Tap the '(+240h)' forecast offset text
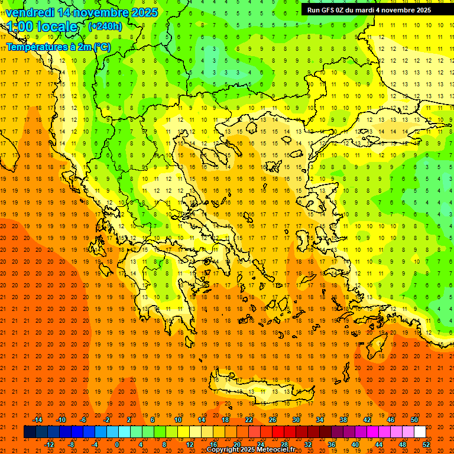pos(105,26)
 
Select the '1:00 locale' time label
pos(42,27)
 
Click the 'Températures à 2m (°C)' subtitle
pos(58,47)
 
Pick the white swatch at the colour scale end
pos(420,432)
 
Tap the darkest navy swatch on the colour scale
pos(30,432)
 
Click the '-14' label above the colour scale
pos(37,420)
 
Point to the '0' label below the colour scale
pos(117,445)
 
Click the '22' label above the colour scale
pos(249,420)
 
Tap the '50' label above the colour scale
pos(414,420)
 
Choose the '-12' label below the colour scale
pos(49,445)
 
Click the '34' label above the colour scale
pos(320,420)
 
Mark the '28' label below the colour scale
pos(284,445)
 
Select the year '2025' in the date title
pos(144,12)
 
